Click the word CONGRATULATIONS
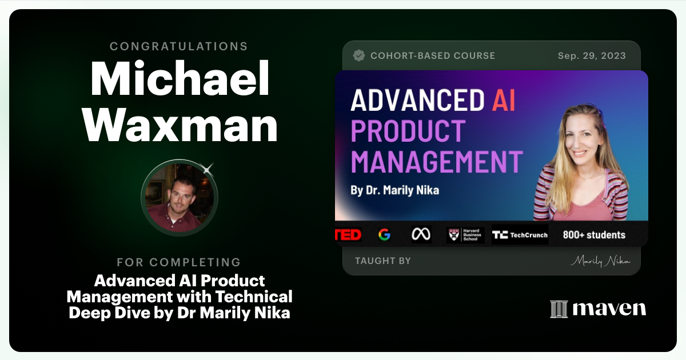[179, 46]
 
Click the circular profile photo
[180, 197]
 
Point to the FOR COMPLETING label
[179, 262]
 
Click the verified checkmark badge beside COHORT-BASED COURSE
[359, 55]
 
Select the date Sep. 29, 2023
[592, 56]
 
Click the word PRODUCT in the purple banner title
[408, 131]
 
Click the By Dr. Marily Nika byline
[394, 190]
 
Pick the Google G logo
[384, 235]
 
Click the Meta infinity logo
[421, 235]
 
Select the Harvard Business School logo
[465, 235]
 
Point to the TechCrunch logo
[520, 235]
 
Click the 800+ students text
[594, 235]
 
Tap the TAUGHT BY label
[382, 261]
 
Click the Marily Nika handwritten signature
[600, 261]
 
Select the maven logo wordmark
[598, 309]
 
